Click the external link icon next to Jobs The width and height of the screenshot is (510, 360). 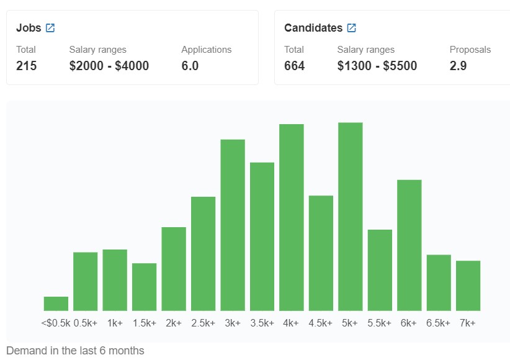coord(50,28)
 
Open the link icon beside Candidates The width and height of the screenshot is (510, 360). coord(352,28)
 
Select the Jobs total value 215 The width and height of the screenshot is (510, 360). coord(26,66)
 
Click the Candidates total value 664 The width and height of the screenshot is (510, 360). coord(294,66)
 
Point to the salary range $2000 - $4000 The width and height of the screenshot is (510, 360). coord(109,66)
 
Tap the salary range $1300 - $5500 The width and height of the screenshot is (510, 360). coord(377,66)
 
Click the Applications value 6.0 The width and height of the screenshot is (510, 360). coord(190,66)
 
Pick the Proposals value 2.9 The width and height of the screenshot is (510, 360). coord(458,66)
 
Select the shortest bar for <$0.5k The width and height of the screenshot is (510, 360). coord(56,304)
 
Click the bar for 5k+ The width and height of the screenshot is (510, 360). coord(351,217)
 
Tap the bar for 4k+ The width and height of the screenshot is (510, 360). coord(292,217)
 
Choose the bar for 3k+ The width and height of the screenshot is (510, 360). coord(233,225)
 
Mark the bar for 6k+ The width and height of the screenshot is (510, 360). coord(409,245)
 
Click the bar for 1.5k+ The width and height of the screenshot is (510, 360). coord(144,287)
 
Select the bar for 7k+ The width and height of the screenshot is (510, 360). coord(468,286)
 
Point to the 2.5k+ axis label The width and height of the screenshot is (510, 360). coord(203,323)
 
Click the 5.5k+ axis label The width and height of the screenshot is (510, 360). coord(380,323)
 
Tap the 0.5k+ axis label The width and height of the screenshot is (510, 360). coord(85,323)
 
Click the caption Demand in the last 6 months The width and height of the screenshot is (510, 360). coord(75,351)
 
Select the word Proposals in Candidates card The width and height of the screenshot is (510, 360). coord(470,50)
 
